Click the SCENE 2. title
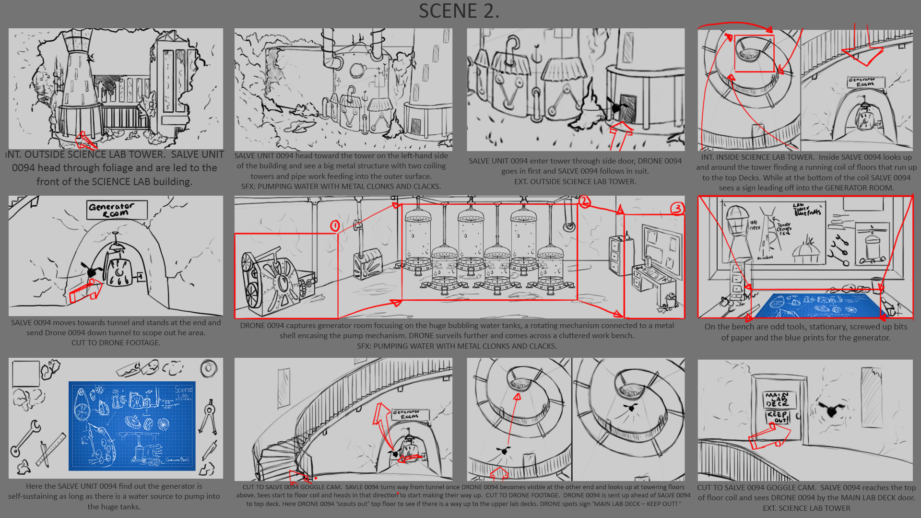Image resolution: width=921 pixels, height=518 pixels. [x=459, y=11]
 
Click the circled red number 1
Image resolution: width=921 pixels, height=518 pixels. [x=335, y=225]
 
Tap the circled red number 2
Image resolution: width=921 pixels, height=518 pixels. [x=584, y=201]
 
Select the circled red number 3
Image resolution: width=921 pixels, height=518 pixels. [x=677, y=208]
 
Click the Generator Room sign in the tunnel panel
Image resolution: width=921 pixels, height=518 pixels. [x=116, y=210]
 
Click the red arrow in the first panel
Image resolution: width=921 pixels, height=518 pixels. [x=85, y=141]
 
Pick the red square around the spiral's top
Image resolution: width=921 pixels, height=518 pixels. [x=754, y=53]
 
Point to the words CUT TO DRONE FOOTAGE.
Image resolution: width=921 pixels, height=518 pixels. [x=116, y=342]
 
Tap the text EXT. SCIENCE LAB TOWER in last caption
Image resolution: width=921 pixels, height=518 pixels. [x=806, y=508]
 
